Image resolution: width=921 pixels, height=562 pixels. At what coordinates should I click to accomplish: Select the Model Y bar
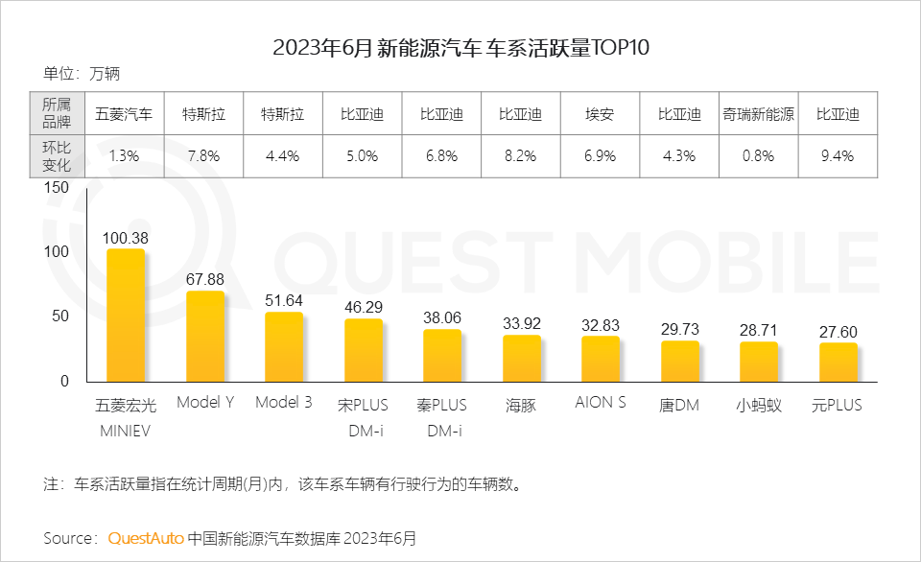[204, 336]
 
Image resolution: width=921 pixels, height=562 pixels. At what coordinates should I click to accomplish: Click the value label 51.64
[283, 300]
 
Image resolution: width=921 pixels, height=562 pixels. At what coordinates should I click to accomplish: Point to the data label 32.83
[601, 324]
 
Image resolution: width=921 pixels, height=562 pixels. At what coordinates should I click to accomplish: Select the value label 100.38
[125, 237]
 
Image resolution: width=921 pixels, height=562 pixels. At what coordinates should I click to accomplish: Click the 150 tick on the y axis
[57, 188]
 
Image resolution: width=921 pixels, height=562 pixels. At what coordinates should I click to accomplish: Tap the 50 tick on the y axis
[60, 316]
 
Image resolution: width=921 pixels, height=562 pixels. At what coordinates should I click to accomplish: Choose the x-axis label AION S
[601, 403]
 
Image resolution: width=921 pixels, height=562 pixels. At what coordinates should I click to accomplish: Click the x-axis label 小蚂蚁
[759, 406]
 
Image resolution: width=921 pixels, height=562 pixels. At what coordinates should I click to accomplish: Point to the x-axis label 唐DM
[679, 406]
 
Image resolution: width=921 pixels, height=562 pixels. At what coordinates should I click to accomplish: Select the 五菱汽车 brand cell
[125, 114]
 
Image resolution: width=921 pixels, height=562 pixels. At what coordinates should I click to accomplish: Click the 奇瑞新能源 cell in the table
[759, 114]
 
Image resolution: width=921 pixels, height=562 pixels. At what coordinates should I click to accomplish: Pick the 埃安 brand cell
[601, 114]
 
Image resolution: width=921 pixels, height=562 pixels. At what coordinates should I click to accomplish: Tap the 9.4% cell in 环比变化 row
[838, 156]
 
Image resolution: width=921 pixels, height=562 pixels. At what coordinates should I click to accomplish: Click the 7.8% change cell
[204, 156]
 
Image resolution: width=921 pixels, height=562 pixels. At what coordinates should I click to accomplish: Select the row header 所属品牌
[57, 114]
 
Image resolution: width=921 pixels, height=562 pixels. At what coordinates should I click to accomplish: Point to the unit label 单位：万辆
[82, 73]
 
